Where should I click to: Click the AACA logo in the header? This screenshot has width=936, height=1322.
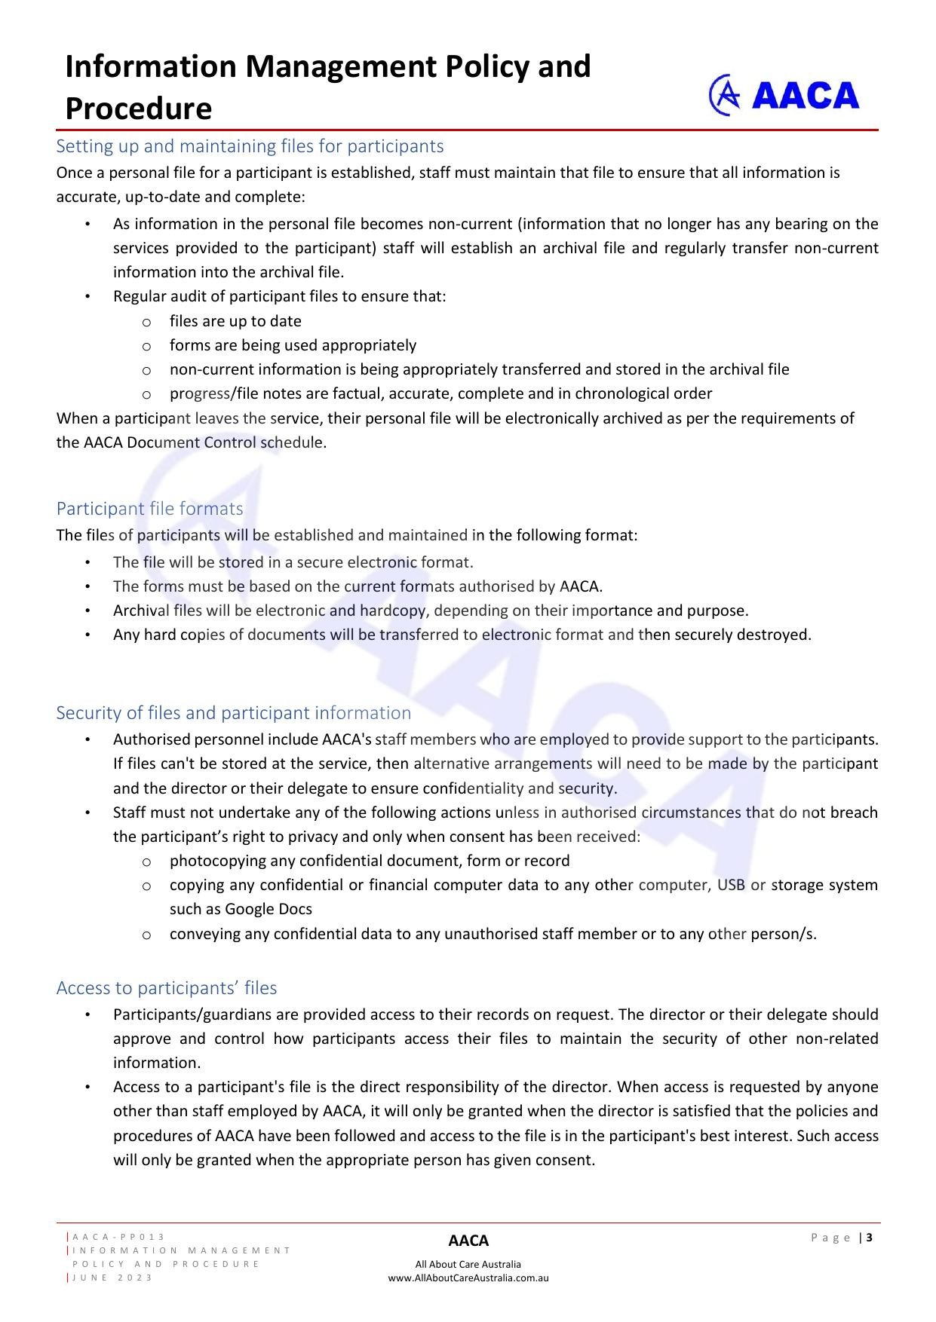(784, 95)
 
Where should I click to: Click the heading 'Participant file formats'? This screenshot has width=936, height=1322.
(149, 509)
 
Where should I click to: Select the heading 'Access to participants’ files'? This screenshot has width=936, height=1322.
(166, 988)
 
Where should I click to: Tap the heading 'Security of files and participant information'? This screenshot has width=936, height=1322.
(233, 713)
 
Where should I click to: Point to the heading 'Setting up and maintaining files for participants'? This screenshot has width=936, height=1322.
(250, 146)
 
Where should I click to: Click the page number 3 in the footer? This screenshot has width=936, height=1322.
(870, 1237)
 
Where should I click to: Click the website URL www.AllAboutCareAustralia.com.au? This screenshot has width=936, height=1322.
(468, 1278)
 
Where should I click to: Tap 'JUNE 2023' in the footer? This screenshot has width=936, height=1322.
(112, 1278)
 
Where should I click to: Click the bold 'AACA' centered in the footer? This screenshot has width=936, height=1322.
(468, 1241)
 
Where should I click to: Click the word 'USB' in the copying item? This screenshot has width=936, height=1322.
(731, 885)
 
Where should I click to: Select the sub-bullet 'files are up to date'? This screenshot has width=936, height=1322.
(235, 321)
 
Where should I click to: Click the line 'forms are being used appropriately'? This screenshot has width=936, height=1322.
(293, 345)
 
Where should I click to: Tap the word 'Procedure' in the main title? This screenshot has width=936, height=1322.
(139, 109)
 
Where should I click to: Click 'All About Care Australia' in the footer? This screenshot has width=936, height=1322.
(468, 1264)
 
